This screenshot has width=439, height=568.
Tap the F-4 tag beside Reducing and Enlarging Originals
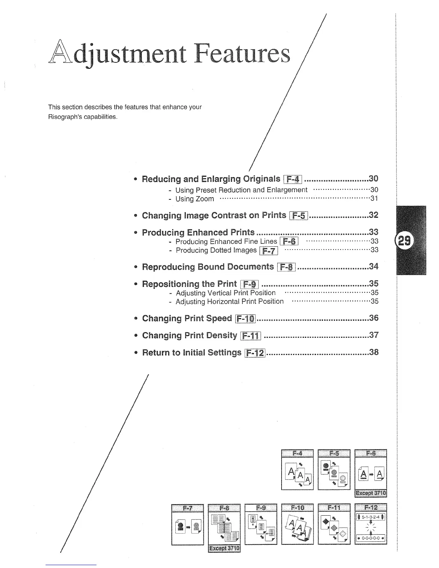pos(293,179)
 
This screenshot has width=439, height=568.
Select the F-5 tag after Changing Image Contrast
pos(298,216)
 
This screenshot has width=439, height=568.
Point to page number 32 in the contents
pos(373,215)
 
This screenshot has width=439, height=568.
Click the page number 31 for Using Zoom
pos(374,198)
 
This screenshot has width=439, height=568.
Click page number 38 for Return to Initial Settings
pos(373,352)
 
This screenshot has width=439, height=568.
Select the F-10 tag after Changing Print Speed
pos(245,318)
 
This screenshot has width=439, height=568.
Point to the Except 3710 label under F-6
pos(370,493)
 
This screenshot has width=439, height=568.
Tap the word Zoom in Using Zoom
pos(205,199)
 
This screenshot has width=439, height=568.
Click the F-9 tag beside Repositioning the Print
pos(250,284)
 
